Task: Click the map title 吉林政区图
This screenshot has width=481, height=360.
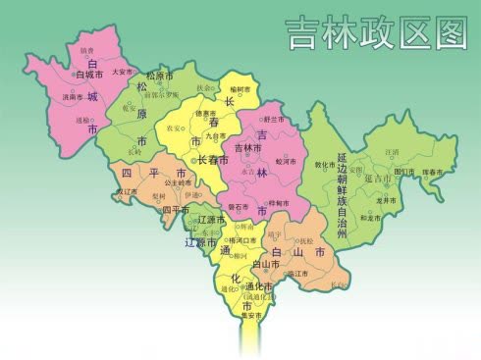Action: point(376,33)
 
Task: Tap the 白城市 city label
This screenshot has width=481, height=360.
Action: point(89,75)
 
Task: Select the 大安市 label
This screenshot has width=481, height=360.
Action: point(123,72)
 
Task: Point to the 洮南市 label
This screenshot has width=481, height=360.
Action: point(73,98)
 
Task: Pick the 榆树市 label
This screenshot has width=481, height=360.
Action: point(240,89)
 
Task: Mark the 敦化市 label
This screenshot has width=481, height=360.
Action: point(325,165)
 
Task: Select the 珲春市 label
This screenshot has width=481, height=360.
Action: point(433,172)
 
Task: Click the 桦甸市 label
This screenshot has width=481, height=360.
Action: point(279,203)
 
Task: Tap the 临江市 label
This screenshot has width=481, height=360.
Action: point(297,275)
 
